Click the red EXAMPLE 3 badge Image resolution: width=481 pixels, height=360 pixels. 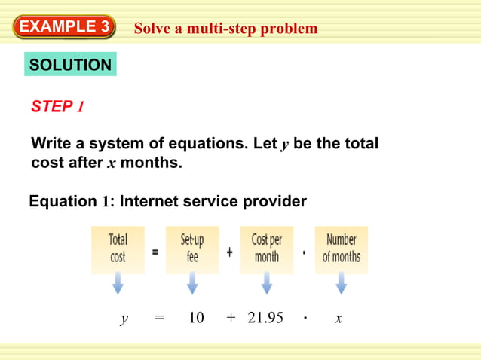coord(64,27)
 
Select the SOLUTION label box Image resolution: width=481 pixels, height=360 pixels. coord(70,66)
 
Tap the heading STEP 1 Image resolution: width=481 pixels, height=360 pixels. coord(57,107)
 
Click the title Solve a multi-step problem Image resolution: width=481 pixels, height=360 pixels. coord(225,29)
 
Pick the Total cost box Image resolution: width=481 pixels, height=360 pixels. coord(118,249)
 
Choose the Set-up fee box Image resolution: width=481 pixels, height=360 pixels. coord(191,249)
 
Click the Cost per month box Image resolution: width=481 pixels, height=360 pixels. coord(266,249)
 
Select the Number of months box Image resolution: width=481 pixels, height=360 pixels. coord(341,249)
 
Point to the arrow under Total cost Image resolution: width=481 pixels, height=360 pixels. coord(118,284)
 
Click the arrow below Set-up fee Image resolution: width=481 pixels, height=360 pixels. coord(192,284)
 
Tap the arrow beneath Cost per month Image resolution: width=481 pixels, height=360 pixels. coord(266,284)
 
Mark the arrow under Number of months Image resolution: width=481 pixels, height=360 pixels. coord(341,284)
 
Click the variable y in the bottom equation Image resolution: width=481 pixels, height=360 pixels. coord(124,319)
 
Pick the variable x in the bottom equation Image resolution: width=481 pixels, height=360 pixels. coord(339,319)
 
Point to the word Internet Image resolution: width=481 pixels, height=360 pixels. coord(151,202)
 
